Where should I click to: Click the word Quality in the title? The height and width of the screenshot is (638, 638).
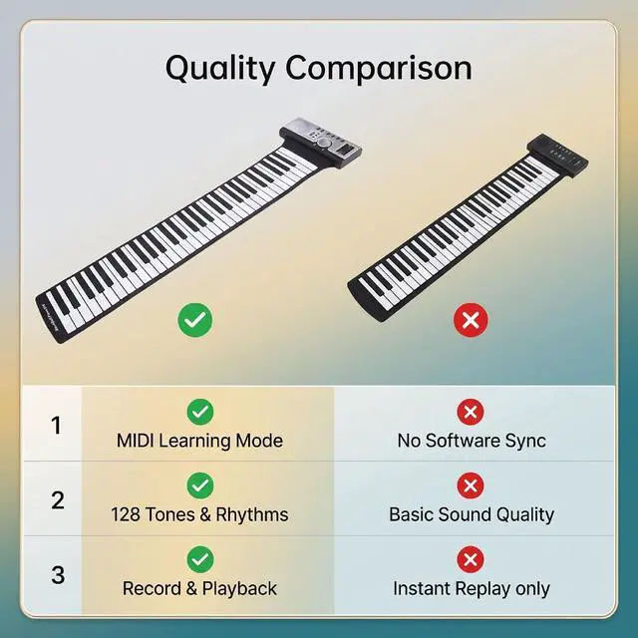click(x=219, y=69)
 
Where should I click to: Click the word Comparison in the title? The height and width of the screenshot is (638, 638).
click(x=379, y=68)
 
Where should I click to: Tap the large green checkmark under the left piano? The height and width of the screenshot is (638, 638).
click(x=195, y=320)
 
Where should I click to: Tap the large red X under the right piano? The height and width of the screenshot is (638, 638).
click(x=471, y=320)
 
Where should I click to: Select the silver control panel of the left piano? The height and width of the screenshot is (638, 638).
click(x=320, y=142)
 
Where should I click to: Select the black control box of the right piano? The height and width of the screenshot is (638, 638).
click(x=558, y=156)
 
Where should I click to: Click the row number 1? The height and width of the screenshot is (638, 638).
click(x=56, y=426)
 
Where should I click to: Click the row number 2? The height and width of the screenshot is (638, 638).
click(x=58, y=500)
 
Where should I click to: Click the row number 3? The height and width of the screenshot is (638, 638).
click(x=58, y=574)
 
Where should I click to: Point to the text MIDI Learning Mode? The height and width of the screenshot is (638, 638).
click(x=199, y=441)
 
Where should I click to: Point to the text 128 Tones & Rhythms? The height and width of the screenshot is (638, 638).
click(x=199, y=514)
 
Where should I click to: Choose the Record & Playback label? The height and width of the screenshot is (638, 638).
click(x=199, y=589)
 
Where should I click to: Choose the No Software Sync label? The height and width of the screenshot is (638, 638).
click(x=472, y=441)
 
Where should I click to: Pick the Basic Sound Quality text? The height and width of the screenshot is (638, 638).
click(x=472, y=514)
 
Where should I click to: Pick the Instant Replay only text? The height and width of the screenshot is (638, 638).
click(x=472, y=589)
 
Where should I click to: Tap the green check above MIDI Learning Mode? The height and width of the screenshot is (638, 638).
click(x=200, y=412)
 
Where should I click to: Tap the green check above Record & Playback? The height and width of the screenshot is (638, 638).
click(x=200, y=559)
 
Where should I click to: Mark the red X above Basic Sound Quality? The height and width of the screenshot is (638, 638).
click(x=471, y=485)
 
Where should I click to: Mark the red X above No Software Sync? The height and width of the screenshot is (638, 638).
click(x=471, y=412)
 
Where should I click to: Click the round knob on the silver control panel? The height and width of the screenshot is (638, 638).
click(x=324, y=143)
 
